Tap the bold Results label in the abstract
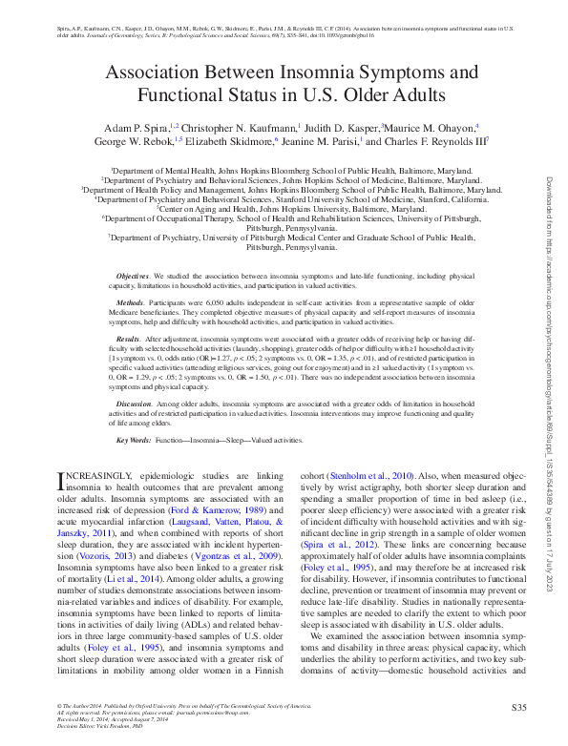pyautogui.click(x=127, y=339)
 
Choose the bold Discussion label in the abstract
pyautogui.click(x=131, y=404)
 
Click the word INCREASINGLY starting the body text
pyautogui.click(x=93, y=475)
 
